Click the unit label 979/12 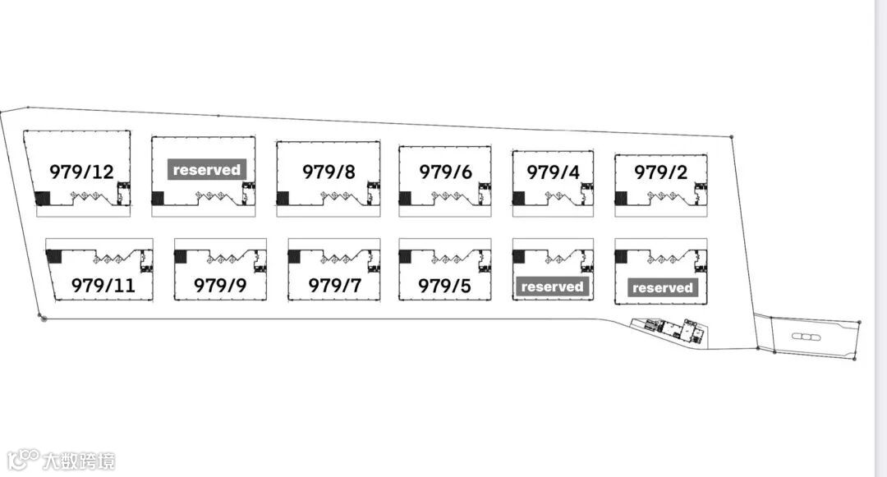pyautogui.click(x=81, y=172)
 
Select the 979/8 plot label pyautogui.click(x=329, y=172)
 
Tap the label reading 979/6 pyautogui.click(x=445, y=172)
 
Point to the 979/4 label pyautogui.click(x=553, y=172)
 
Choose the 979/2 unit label pyautogui.click(x=660, y=172)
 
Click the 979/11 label pyautogui.click(x=103, y=286)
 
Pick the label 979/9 pyautogui.click(x=219, y=286)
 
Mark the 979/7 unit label pyautogui.click(x=334, y=286)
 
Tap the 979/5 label pyautogui.click(x=444, y=286)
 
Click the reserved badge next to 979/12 pyautogui.click(x=207, y=170)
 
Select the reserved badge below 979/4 pyautogui.click(x=552, y=287)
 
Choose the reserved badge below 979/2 pyautogui.click(x=662, y=287)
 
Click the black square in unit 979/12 pyautogui.click(x=42, y=198)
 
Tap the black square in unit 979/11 pyautogui.click(x=53, y=256)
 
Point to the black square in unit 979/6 pyautogui.click(x=405, y=198)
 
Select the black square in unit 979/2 pyautogui.click(x=621, y=198)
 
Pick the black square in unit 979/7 pyautogui.click(x=294, y=256)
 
